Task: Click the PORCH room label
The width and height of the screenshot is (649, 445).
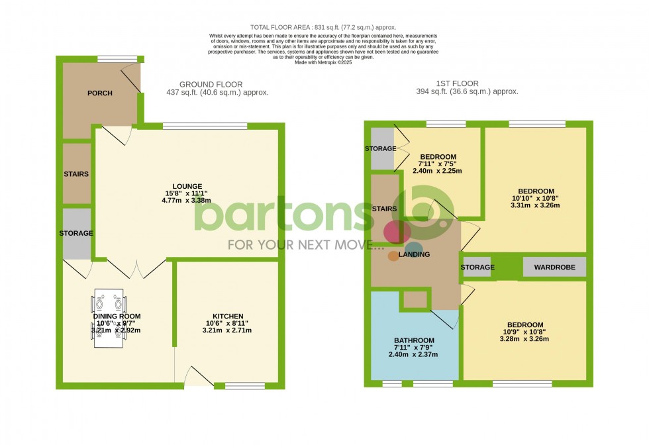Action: point(100,93)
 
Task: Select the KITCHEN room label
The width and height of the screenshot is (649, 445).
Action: point(228,316)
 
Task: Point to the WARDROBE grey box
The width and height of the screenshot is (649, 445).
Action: point(555,268)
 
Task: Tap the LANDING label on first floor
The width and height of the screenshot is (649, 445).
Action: point(414,254)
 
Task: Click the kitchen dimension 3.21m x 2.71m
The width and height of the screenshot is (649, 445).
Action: point(228,330)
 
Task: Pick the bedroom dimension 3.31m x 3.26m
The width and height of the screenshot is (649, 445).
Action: point(536,205)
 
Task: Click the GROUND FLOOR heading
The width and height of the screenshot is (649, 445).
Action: point(211,85)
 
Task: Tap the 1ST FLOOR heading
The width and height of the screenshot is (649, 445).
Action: point(457,83)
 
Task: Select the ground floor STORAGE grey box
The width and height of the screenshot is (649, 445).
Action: point(76,234)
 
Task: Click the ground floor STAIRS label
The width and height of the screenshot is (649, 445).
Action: point(76,174)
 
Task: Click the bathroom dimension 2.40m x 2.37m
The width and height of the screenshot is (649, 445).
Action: point(413,355)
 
